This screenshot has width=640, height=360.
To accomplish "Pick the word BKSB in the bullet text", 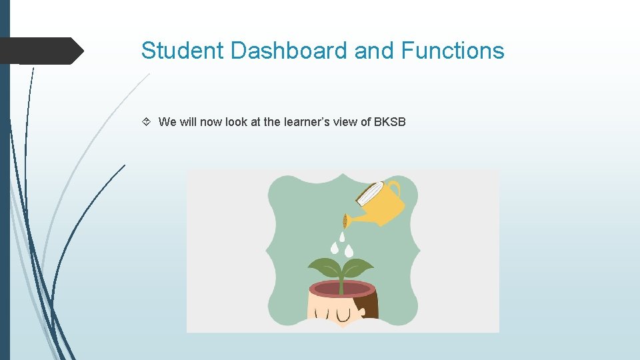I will (x=389, y=122).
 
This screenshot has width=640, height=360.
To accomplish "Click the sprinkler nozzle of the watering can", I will (x=345, y=221).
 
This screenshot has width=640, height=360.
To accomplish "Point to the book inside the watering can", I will (x=368, y=195).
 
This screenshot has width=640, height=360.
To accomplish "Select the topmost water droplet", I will (x=342, y=237).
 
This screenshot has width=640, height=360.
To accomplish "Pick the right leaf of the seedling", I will (x=358, y=269).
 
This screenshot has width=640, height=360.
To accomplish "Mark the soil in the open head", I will (x=341, y=289).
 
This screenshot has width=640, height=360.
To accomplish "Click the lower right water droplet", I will (x=349, y=251).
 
